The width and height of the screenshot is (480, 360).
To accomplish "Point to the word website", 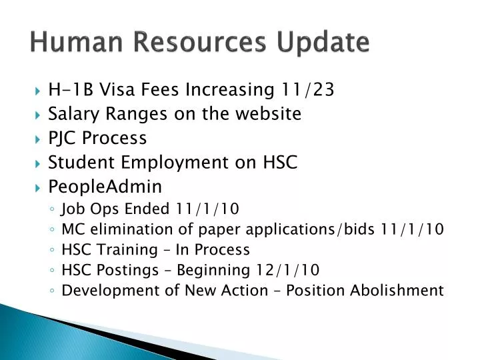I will (x=267, y=113).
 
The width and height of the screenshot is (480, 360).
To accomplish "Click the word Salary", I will (x=73, y=113).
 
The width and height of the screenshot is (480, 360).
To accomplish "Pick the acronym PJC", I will (x=62, y=138).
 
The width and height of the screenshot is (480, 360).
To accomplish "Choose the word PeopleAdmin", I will (x=105, y=186).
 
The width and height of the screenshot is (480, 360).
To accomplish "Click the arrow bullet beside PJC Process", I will (x=37, y=139).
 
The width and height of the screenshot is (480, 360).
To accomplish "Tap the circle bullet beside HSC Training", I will (x=52, y=251).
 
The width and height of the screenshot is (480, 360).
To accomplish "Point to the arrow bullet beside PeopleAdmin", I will (x=37, y=187).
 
